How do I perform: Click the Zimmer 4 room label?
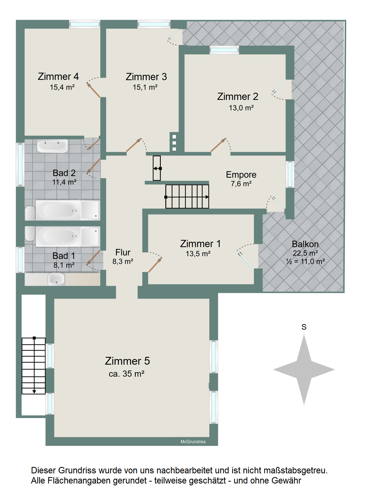pyautogui.click(x=58, y=76)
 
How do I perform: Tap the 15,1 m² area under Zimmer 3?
pyautogui.click(x=145, y=87)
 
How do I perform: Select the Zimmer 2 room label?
pyautogui.click(x=238, y=96)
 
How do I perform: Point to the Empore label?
pyautogui.click(x=241, y=175)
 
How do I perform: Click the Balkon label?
pyautogui.click(x=305, y=244)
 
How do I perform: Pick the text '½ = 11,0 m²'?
pyautogui.click(x=305, y=261)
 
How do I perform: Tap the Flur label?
pyautogui.click(x=123, y=252)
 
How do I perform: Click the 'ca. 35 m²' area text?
pyautogui.click(x=127, y=374)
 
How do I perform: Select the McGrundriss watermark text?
pyautogui.click(x=193, y=442)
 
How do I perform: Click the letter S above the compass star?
pyautogui.click(x=304, y=327)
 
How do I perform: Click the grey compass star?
pyautogui.click(x=304, y=370)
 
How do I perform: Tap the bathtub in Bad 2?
pyautogui.click(x=58, y=210)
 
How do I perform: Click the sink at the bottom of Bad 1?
pyautogui.click(x=57, y=279)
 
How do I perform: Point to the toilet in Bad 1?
pyautogui.click(x=30, y=233)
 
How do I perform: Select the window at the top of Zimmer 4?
pyautogui.click(x=85, y=24)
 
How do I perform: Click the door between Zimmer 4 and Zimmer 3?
pyautogui.click(x=93, y=90)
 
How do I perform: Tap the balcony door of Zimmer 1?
pyautogui.click(x=246, y=259)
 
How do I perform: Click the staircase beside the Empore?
pyautogui.click(x=187, y=197)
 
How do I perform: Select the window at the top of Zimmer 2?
pyautogui.click(x=224, y=50)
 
